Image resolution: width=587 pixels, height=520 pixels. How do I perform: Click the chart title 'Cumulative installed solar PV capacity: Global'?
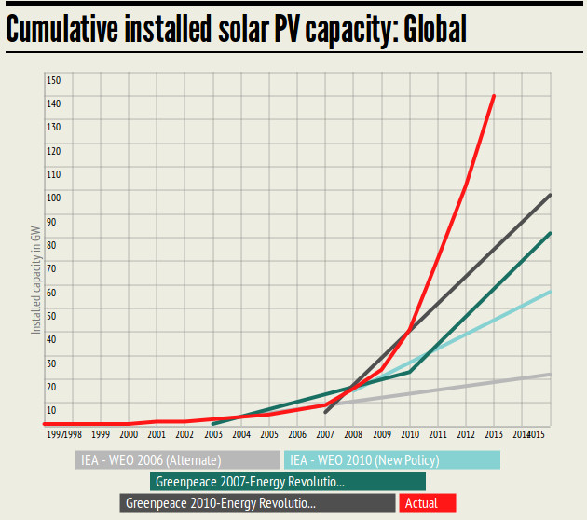click(x=236, y=29)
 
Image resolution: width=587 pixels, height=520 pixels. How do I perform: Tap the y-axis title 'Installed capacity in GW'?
click(x=35, y=281)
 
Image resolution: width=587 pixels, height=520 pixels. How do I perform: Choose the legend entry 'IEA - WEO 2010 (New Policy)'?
click(x=392, y=459)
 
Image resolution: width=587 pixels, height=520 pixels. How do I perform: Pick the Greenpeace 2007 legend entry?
click(x=288, y=482)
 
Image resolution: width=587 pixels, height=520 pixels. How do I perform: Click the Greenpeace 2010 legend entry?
click(x=258, y=503)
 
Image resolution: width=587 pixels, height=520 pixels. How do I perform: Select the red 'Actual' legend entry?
click(x=428, y=503)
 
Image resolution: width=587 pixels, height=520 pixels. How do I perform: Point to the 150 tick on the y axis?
click(x=52, y=79)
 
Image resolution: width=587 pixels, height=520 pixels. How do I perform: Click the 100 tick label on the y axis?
click(x=52, y=197)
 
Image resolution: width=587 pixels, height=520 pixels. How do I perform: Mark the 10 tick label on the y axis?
click(x=52, y=410)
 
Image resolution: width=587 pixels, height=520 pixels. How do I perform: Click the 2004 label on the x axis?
click(x=241, y=434)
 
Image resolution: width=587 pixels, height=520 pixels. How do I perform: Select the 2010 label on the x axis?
click(x=410, y=434)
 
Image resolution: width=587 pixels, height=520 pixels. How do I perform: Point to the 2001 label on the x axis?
click(x=157, y=434)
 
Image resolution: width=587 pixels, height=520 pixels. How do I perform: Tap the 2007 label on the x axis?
click(x=325, y=434)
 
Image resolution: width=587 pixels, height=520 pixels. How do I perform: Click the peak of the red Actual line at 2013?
click(x=494, y=95)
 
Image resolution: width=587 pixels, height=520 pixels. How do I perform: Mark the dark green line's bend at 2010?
click(x=410, y=372)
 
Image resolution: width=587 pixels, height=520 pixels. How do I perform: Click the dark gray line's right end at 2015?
click(x=551, y=195)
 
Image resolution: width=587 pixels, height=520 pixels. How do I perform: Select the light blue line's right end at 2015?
click(x=551, y=292)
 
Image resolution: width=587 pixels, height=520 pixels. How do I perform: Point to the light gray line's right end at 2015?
click(x=551, y=374)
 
